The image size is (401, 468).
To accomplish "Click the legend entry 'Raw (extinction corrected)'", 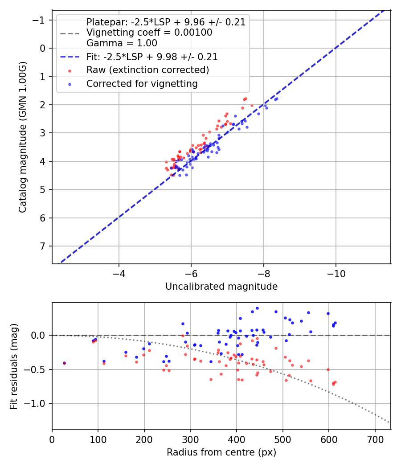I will [x=147, y=70].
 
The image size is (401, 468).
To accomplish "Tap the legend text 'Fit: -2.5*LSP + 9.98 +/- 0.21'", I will [x=152, y=57].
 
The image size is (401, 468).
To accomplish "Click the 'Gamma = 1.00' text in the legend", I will [x=122, y=43].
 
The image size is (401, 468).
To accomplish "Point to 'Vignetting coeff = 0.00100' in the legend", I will [x=149, y=33].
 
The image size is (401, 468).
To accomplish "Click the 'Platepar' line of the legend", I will [x=166, y=22].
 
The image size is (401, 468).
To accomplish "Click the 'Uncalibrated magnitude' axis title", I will [x=221, y=287].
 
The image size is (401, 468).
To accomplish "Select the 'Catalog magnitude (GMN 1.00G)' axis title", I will [x=23, y=137].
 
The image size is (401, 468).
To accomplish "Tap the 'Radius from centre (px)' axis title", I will [x=221, y=452].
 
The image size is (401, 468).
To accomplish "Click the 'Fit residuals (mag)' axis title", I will [x=14, y=366].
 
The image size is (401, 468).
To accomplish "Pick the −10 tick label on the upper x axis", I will [x=336, y=273].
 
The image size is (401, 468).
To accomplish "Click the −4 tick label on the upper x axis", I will [x=119, y=273].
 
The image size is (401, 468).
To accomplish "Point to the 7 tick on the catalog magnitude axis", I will [x=43, y=246].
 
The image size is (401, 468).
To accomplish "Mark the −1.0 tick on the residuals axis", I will [x=38, y=404].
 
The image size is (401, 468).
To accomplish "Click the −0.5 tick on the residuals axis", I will [x=38, y=369].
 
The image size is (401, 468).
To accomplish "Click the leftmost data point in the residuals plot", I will [x=64, y=363].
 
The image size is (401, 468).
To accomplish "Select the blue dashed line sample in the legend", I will [x=70, y=57].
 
